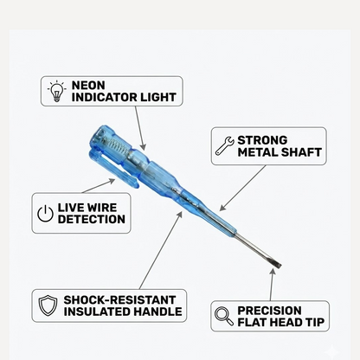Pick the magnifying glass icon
pos(224,317)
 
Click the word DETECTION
pos(92,220)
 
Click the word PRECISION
pos(270,311)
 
